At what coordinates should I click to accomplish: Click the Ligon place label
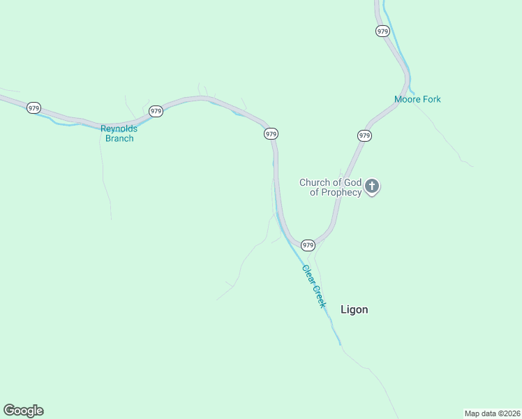click(354, 309)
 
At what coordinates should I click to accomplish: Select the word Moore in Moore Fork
click(407, 99)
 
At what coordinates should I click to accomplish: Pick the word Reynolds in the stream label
click(119, 128)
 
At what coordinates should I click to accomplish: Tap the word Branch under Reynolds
click(119, 138)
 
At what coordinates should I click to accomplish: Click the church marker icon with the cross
click(372, 186)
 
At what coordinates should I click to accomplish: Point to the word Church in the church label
click(314, 182)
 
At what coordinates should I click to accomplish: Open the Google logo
click(23, 411)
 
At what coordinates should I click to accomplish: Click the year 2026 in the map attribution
click(509, 413)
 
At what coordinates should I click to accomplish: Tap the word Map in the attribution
click(473, 413)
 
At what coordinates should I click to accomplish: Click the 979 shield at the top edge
click(382, 31)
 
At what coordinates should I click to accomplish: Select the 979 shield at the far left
click(33, 108)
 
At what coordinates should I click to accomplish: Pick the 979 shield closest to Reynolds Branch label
click(156, 111)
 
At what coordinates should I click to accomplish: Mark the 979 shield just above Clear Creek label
click(308, 245)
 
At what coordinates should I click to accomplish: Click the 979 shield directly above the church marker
click(364, 135)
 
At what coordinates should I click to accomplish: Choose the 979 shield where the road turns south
click(271, 133)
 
